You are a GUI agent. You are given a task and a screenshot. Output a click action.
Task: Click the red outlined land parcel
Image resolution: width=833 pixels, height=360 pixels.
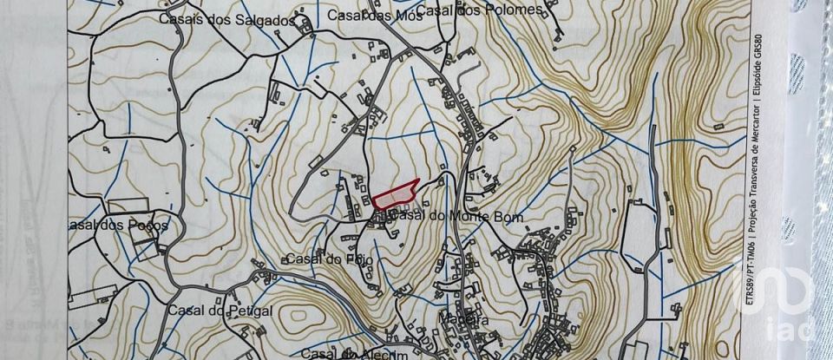[x=396, y=192]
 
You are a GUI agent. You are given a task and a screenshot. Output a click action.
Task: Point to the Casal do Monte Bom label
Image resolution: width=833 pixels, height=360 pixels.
[x=449, y=217]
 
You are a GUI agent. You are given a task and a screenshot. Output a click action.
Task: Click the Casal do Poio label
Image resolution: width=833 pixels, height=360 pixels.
[x=323, y=259]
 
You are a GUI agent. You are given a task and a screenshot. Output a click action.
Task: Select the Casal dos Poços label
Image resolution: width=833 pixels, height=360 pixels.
[x=116, y=226]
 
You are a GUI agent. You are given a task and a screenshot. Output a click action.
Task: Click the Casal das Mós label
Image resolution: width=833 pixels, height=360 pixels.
[x=367, y=15]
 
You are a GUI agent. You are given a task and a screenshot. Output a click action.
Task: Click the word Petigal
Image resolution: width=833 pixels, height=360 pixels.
[x=228, y=311]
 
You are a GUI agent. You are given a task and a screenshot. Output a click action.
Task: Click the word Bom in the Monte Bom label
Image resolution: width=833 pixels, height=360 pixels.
[x=510, y=217]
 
